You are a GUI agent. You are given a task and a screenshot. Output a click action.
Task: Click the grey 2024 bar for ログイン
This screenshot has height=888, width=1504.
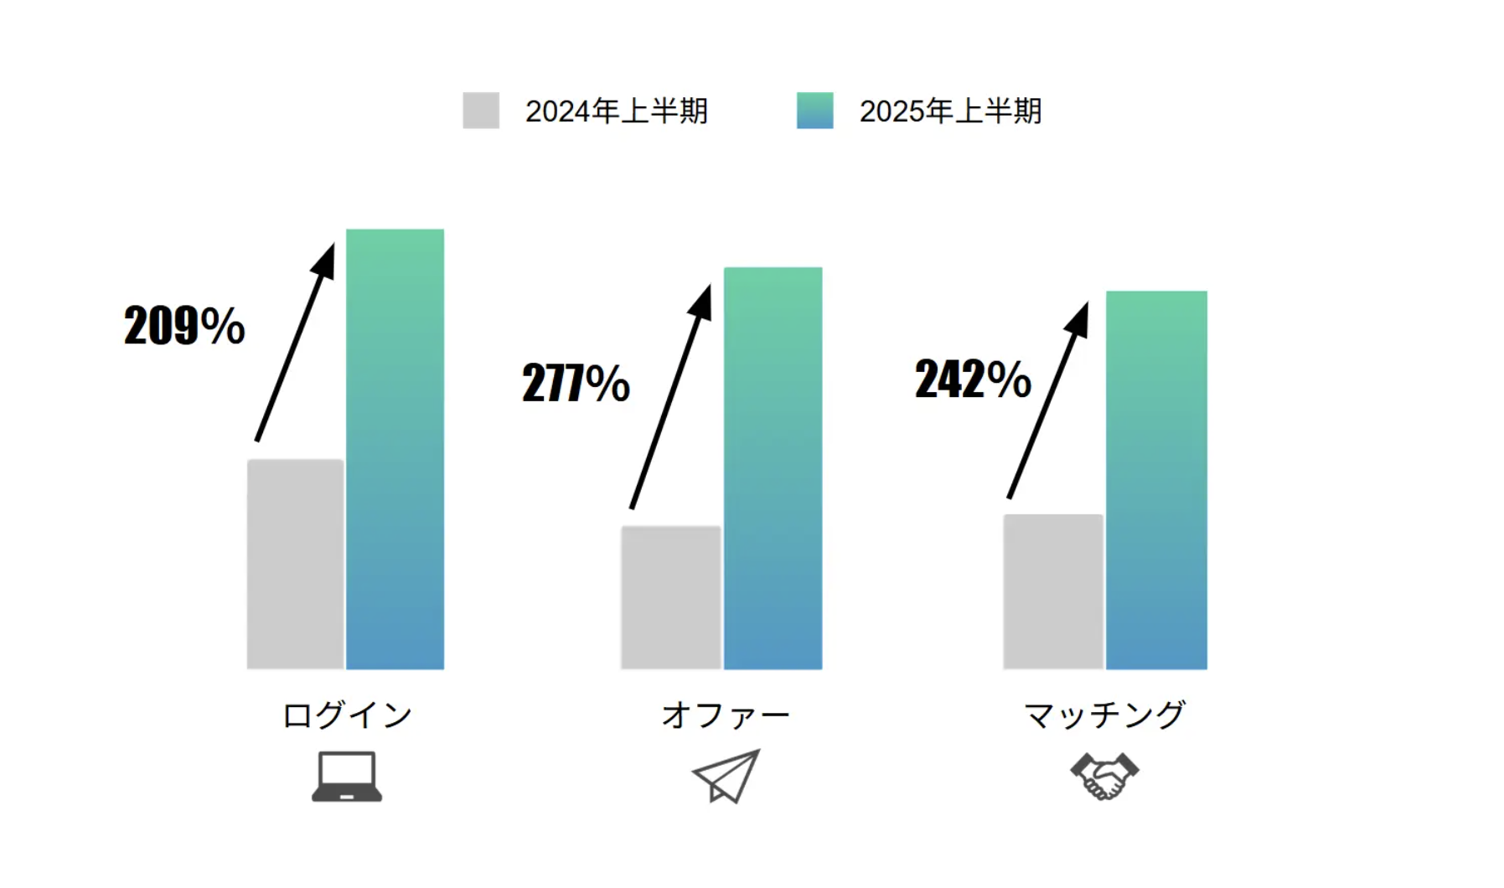coord(295,564)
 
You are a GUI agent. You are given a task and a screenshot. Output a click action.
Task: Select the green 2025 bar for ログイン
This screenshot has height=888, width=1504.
coord(395,449)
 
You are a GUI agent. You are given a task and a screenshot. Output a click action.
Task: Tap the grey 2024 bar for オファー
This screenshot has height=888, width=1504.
coord(670,597)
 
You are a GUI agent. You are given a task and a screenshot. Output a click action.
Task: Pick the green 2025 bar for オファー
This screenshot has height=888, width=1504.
coord(773,468)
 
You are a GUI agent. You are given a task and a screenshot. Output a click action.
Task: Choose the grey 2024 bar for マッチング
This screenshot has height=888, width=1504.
coord(1052,591)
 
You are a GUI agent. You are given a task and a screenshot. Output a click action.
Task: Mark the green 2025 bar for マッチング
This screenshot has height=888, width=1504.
coord(1156,480)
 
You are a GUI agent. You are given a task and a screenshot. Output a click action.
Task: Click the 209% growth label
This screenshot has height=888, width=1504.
coord(184,325)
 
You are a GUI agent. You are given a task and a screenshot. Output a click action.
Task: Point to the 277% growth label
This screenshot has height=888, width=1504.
coord(576,383)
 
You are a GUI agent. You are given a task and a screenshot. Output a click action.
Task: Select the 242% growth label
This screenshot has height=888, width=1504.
coord(973,379)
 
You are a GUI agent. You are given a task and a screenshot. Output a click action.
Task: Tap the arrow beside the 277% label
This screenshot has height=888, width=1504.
coord(670,397)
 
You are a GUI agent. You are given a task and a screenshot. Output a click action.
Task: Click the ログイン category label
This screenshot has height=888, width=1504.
coord(347,715)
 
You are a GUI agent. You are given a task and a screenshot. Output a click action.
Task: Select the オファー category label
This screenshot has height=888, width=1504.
coord(726,715)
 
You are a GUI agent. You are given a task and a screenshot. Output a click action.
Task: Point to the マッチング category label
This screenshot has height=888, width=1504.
coord(1104,715)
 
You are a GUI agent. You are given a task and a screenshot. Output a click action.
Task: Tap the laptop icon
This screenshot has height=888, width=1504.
coord(347,777)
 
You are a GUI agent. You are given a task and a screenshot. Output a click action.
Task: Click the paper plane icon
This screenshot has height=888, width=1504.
coord(726,776)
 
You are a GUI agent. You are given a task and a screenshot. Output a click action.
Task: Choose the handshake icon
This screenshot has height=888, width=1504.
coord(1104,776)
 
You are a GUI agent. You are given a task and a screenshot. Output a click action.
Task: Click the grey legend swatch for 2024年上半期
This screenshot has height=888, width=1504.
coord(481,111)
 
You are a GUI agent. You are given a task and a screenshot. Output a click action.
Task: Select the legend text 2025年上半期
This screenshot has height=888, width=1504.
coord(950,111)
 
